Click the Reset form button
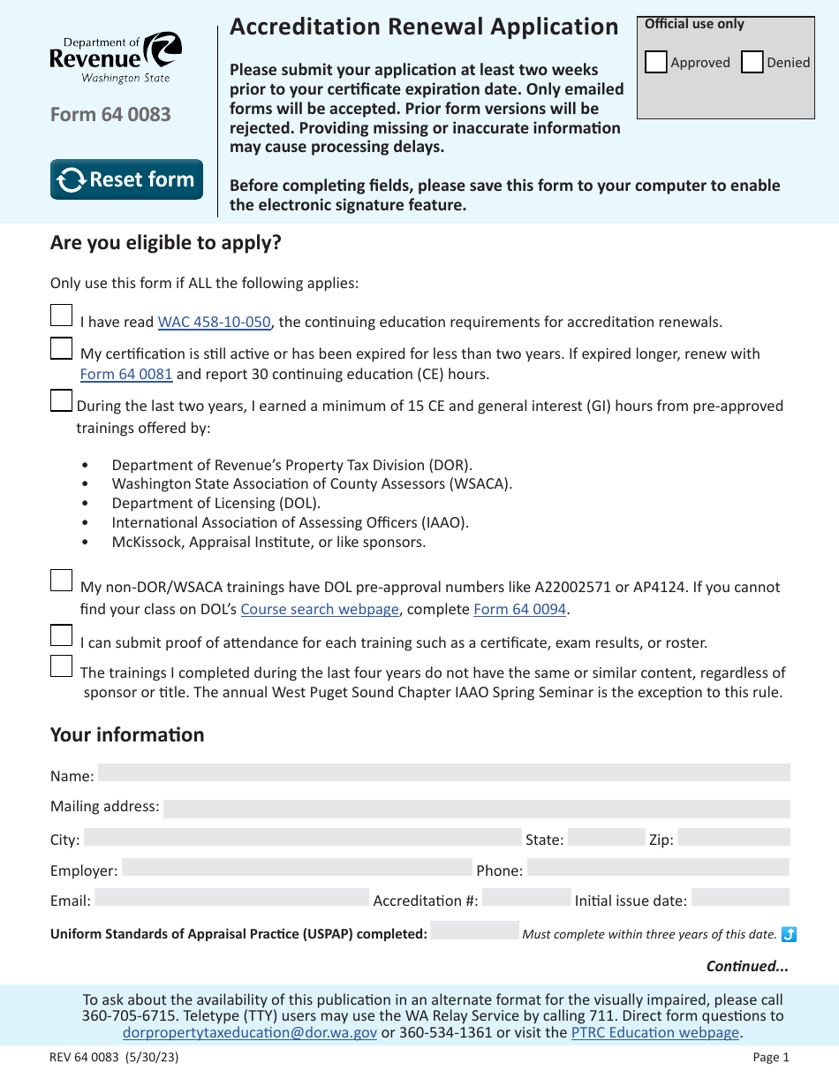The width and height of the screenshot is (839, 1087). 126,179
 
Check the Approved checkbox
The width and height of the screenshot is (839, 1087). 655,62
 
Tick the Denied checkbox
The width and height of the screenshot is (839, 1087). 752,62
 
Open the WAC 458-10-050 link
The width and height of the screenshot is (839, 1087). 214,323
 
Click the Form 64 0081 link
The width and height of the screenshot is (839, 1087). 126,374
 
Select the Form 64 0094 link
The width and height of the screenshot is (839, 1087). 519,609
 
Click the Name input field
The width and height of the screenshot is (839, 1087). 443,773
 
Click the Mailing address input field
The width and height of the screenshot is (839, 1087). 476,809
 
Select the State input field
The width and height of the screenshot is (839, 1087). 606,838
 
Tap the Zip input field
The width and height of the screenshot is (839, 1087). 733,838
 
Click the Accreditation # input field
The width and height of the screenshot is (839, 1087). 526,898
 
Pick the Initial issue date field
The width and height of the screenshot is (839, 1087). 739,898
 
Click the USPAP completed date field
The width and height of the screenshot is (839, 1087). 474,931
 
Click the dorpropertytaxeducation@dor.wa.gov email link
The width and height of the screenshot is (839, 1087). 250,1032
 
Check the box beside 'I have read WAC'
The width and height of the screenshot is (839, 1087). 61,316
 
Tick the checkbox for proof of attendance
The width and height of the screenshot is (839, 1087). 61,635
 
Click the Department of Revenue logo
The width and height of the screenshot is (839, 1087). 115,57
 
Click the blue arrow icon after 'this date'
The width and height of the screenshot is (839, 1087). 789,934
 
